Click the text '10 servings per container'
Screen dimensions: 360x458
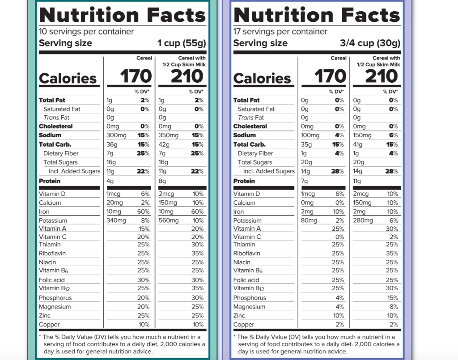point(86,32)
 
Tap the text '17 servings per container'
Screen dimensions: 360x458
point(280,32)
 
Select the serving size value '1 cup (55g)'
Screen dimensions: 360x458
point(182,43)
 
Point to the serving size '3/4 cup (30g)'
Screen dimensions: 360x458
point(370,43)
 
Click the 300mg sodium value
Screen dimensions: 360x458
point(116,136)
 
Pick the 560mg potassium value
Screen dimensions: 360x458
point(169,220)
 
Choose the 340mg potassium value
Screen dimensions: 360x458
point(116,220)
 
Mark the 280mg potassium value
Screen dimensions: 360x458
point(363,220)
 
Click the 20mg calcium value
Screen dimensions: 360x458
point(115,203)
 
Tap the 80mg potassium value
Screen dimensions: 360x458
point(309,220)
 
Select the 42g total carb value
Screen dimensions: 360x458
point(164,144)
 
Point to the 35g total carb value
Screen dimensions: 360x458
point(306,144)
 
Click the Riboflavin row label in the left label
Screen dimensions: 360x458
point(52,254)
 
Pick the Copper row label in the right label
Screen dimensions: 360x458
point(244,325)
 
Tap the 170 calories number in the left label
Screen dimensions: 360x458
point(136,77)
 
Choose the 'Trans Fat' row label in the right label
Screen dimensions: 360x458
point(251,118)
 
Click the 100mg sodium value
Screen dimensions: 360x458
point(310,136)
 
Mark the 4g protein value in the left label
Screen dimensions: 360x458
point(110,181)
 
